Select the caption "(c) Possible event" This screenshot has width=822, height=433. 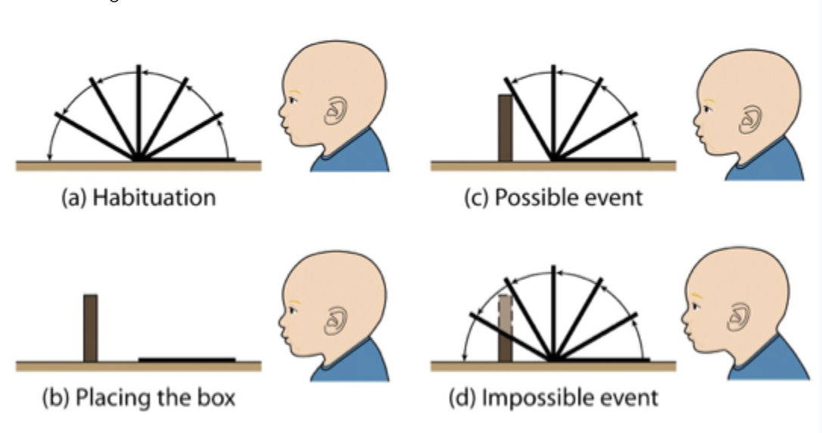(553, 198)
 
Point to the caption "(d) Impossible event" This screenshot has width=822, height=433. (553, 397)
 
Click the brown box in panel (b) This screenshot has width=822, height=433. (91, 328)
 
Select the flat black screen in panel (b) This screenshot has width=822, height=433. (187, 359)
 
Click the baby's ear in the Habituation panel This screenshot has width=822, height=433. (334, 113)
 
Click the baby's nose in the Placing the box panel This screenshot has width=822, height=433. (282, 319)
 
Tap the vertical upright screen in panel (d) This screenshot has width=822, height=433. (553, 310)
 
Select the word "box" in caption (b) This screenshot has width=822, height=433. (216, 397)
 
